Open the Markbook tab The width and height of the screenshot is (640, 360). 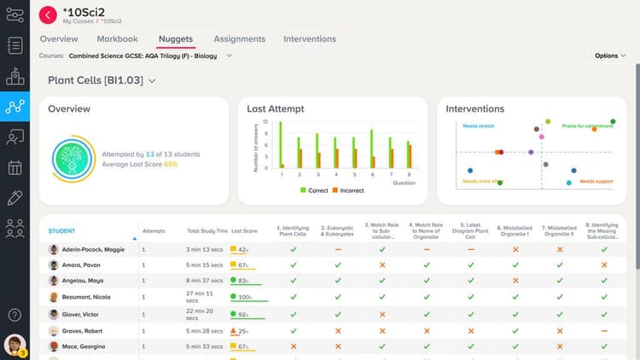(117, 39)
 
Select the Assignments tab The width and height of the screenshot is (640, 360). (239, 39)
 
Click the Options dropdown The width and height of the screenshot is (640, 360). (609, 55)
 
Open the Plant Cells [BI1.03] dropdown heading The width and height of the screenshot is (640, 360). (102, 80)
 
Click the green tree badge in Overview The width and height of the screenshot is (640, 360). (73, 160)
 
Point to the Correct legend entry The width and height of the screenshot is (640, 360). (317, 190)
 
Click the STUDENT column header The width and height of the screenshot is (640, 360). (61, 231)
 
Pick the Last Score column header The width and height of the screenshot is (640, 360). (244, 231)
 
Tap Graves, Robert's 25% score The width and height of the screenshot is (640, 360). (242, 331)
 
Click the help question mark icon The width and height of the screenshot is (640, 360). (15, 315)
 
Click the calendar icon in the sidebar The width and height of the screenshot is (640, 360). (15, 167)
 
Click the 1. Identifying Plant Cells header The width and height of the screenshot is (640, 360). (293, 230)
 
